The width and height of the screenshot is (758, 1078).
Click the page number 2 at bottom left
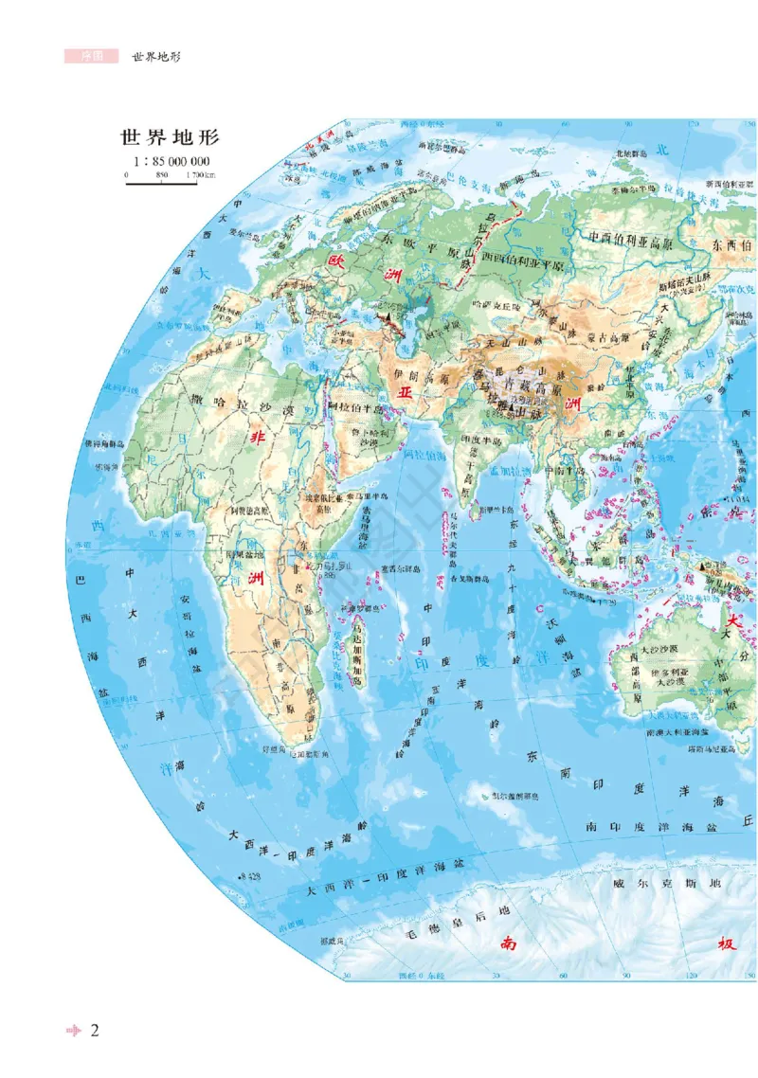coord(95,1031)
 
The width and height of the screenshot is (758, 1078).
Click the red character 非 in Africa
coord(256,437)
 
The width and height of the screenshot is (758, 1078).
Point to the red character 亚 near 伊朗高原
coord(406,391)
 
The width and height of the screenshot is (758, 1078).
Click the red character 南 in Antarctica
coord(510,943)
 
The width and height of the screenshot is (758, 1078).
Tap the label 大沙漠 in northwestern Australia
coord(655,652)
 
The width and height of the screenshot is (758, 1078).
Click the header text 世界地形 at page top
coord(156,56)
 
